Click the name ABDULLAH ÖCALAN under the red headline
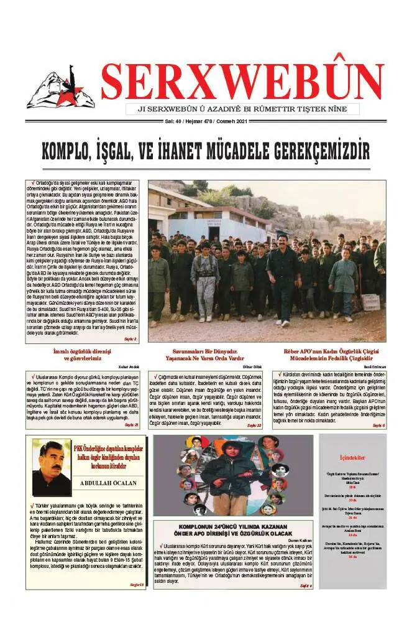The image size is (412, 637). coord(114,483)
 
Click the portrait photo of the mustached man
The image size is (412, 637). coord(51,467)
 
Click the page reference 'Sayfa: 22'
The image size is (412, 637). coord(255,425)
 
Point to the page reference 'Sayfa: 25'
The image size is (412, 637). coord(131,425)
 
